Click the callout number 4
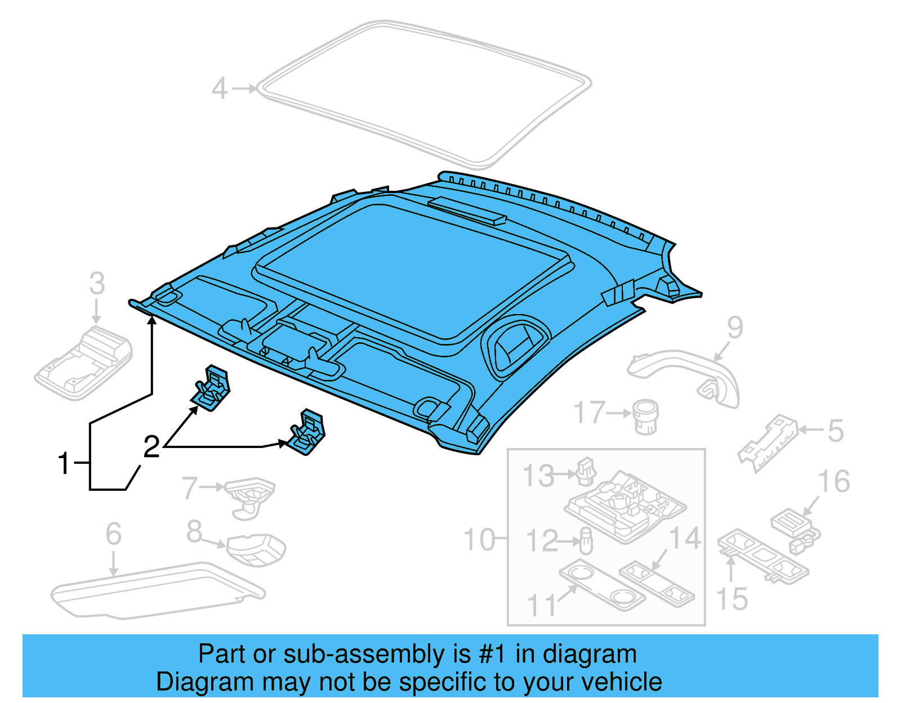click(219, 89)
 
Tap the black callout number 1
click(64, 463)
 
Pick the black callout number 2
click(151, 447)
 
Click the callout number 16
click(833, 482)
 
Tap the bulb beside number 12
click(586, 541)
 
